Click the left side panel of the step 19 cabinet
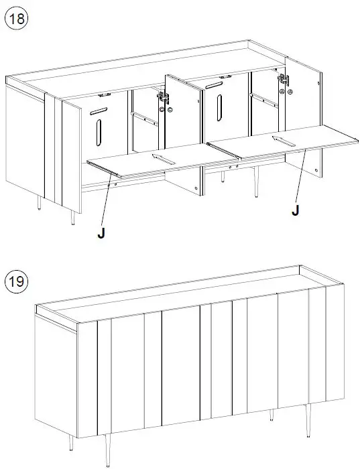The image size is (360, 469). pos(56,375)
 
